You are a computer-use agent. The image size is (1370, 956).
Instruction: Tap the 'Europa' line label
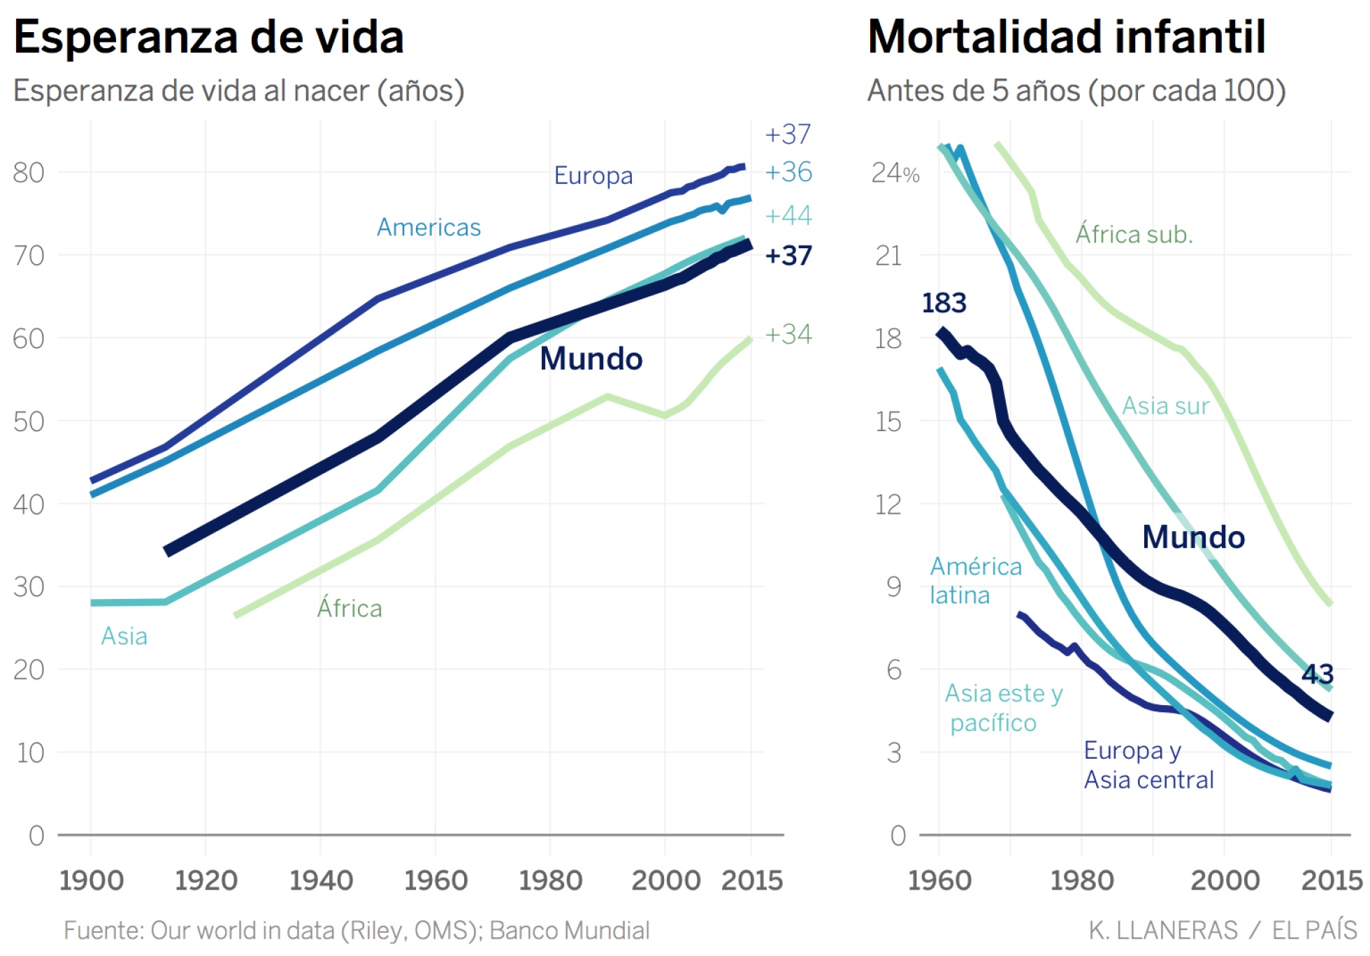click(x=593, y=175)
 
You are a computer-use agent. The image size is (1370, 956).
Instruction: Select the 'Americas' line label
click(x=428, y=227)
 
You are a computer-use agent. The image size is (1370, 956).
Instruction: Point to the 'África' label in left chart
click(x=349, y=608)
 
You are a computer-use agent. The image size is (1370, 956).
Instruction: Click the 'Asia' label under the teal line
click(x=124, y=636)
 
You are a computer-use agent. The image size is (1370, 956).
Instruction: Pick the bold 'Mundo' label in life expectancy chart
click(x=591, y=358)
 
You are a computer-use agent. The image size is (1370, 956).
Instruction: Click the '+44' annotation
click(x=788, y=215)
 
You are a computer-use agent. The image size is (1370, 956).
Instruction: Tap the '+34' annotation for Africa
click(x=788, y=334)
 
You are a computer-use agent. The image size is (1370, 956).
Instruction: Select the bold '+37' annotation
click(x=788, y=256)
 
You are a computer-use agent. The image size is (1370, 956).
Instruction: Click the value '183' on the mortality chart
click(x=944, y=303)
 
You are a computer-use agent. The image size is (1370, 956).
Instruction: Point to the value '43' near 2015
click(x=1318, y=674)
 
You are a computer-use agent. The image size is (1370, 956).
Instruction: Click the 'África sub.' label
click(x=1134, y=234)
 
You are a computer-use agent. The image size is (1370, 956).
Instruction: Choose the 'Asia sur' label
click(x=1165, y=405)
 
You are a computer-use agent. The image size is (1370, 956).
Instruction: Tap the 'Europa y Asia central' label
click(x=1148, y=765)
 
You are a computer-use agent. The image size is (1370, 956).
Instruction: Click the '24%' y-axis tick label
click(x=895, y=173)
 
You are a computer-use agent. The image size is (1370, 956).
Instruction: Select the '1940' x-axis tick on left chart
click(x=321, y=880)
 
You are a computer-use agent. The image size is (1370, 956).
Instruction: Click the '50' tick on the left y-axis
click(x=29, y=421)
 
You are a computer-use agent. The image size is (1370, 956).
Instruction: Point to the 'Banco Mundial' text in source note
click(x=569, y=930)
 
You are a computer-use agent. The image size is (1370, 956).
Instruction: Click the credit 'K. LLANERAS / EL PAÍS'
click(x=1223, y=930)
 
